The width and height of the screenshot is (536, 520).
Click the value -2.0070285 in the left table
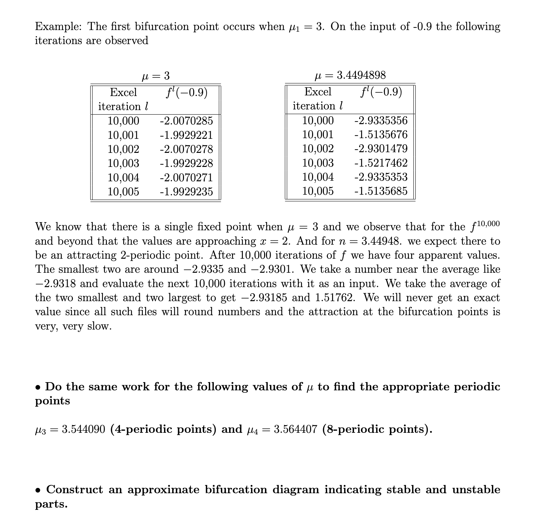click(186, 121)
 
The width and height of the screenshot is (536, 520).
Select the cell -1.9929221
click(186, 135)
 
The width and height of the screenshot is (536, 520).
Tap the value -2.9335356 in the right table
click(381, 121)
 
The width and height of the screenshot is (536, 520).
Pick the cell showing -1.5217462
click(381, 163)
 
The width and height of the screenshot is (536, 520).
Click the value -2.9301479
click(381, 149)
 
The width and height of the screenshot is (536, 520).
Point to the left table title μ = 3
click(156, 76)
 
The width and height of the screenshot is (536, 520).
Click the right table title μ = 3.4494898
click(350, 75)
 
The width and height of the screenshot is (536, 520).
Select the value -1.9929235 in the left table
click(186, 191)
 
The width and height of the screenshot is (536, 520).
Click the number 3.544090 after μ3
click(83, 429)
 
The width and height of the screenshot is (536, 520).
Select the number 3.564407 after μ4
click(295, 429)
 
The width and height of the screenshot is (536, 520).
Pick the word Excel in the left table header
click(123, 92)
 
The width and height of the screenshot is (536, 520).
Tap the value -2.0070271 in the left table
click(186, 177)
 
